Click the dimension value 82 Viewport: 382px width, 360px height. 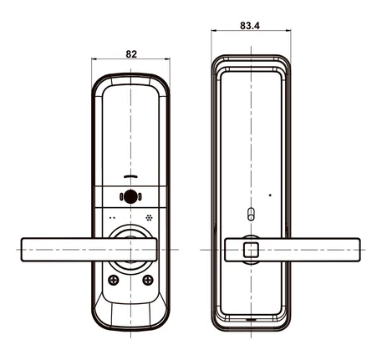pyautogui.click(x=131, y=54)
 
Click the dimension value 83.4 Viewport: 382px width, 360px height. pyautogui.click(x=250, y=26)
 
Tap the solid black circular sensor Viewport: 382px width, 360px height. pyautogui.click(x=130, y=197)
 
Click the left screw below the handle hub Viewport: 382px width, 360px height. pyautogui.click(x=114, y=280)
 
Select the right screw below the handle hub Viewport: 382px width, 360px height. pyautogui.click(x=148, y=280)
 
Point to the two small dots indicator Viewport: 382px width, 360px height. pyautogui.click(x=112, y=218)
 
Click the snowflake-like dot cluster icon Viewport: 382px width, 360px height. pyautogui.click(x=149, y=218)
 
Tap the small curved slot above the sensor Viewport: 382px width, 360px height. pyautogui.click(x=130, y=176)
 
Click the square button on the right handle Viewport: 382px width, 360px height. pyautogui.click(x=251, y=250)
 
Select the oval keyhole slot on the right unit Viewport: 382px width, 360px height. pyautogui.click(x=251, y=214)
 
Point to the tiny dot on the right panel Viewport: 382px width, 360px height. pyautogui.click(x=270, y=195)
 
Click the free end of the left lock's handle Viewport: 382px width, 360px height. pyautogui.click(x=22, y=250)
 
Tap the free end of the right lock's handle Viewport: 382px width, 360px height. pyautogui.click(x=359, y=250)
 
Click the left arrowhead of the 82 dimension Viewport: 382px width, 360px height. pyautogui.click(x=94, y=58)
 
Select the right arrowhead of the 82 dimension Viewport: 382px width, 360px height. pyautogui.click(x=168, y=58)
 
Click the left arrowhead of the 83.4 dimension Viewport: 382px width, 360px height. pyautogui.click(x=213, y=30)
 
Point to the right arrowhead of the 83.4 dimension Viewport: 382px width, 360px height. pyautogui.click(x=288, y=30)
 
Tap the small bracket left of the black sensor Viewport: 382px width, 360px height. pyautogui.click(x=121, y=197)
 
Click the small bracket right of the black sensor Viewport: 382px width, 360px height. pyautogui.click(x=140, y=197)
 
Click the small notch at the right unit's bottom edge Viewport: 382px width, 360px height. pyautogui.click(x=252, y=320)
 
